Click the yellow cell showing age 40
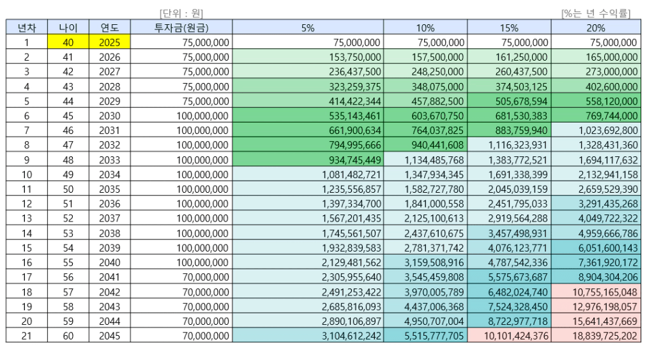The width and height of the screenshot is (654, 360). click(x=68, y=42)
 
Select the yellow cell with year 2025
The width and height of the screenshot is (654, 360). click(x=110, y=42)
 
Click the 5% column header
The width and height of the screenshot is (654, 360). click(x=308, y=27)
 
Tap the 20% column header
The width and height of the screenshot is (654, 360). click(x=595, y=27)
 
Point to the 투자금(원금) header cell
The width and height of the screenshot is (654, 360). click(x=181, y=27)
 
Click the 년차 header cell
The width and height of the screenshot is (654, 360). click(x=27, y=27)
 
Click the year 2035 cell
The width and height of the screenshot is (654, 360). click(x=110, y=189)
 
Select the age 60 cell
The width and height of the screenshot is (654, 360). click(x=68, y=336)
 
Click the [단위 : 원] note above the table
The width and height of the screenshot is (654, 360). click(x=181, y=13)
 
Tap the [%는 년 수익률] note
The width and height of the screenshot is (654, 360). click(x=595, y=13)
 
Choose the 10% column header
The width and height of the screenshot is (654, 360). click(x=425, y=27)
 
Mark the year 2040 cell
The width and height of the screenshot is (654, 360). click(x=110, y=262)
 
